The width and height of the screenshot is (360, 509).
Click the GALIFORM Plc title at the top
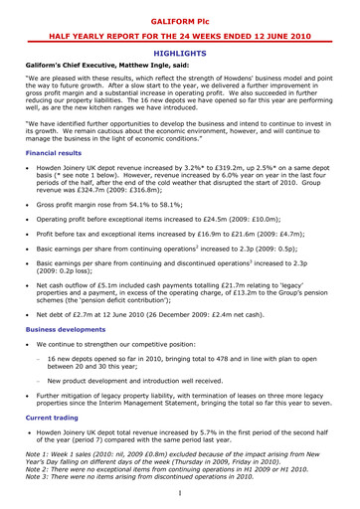[180, 18]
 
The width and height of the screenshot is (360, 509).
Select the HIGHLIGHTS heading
[180, 59]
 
